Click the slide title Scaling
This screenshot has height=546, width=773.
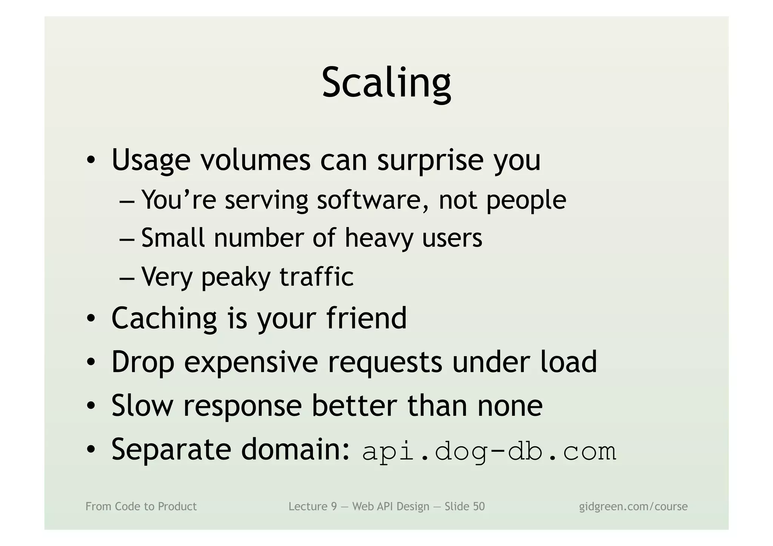[x=386, y=83]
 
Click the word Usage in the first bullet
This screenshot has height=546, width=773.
[x=151, y=160]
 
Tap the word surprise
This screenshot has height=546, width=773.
[x=430, y=160]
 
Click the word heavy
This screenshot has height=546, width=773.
[x=379, y=238]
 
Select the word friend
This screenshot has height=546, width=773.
[x=366, y=318]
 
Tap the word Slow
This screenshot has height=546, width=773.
[x=142, y=406]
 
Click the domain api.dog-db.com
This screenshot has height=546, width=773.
[x=489, y=451]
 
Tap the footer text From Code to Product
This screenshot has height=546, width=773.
[x=141, y=506]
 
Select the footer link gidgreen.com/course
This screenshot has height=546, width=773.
[x=633, y=506]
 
